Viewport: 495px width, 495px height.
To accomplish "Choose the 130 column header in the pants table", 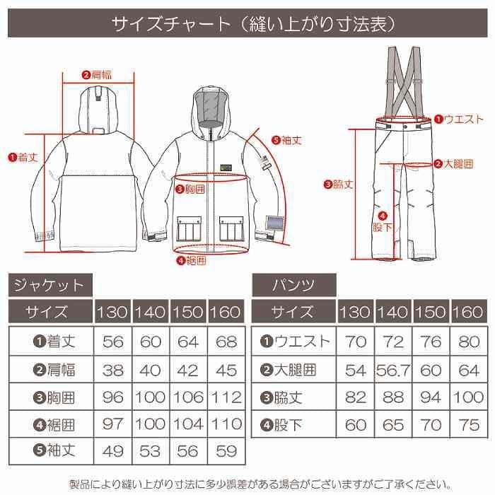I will coord(356,312).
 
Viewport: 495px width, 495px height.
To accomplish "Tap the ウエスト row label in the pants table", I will coord(296,341).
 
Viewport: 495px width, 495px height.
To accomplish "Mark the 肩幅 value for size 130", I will coord(113,369).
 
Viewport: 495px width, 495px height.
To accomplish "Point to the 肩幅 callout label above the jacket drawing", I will coord(98,74).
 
